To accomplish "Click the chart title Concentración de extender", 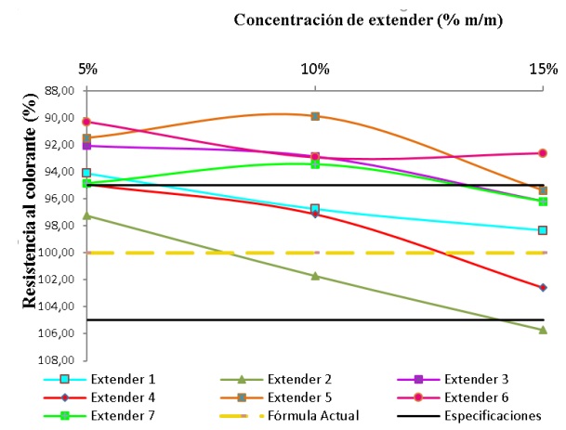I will click(x=368, y=20).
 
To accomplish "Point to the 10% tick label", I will click(x=315, y=69).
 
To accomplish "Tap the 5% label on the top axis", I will click(x=87, y=69).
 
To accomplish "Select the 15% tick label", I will click(x=544, y=69).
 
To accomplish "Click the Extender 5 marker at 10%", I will click(x=315, y=116).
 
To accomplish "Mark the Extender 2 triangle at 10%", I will click(x=315, y=276).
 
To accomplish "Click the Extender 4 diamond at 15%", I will click(x=543, y=288).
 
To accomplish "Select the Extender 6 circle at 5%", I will click(x=86, y=122).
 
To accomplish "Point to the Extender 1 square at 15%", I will click(x=543, y=230).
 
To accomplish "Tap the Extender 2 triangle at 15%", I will click(x=543, y=330).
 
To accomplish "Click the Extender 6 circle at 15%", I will click(x=543, y=153).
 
